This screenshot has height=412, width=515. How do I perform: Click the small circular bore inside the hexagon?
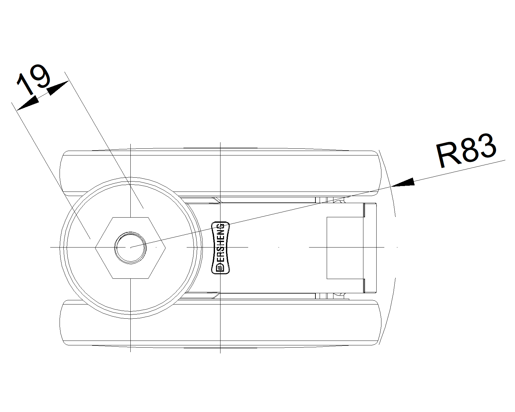coord(130,248)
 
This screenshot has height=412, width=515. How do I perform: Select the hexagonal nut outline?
coord(130,248)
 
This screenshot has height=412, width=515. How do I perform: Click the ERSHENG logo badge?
coord(220,248)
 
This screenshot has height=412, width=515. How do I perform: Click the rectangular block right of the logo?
coord(345,248)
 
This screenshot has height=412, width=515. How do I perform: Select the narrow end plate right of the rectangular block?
coord(370,248)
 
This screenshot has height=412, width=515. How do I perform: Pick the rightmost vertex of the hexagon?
coord(165,248)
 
